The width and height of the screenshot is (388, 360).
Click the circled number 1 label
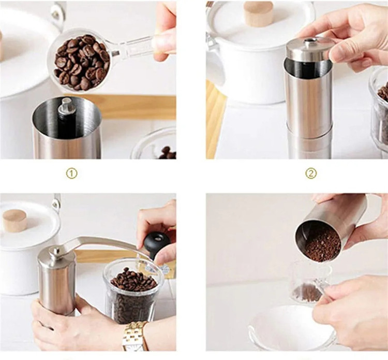[71, 174]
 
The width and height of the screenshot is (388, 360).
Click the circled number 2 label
[311, 174]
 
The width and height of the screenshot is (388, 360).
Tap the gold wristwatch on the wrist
[136, 336]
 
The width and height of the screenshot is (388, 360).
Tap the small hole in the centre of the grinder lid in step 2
[309, 40]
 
